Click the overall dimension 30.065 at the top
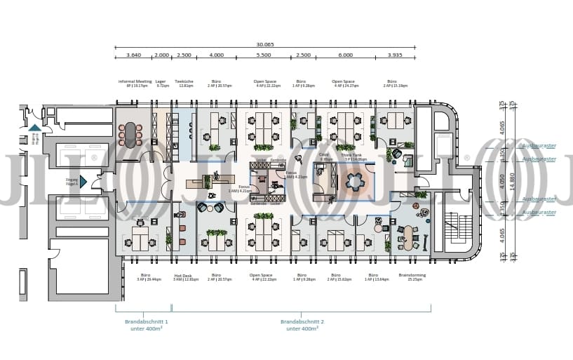tap(264, 44)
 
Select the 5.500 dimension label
tap(264, 55)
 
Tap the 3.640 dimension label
tap(133, 55)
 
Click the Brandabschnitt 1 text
tap(147, 324)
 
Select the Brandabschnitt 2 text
tap(301, 324)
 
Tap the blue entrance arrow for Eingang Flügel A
tap(83, 182)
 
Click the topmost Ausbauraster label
tap(539, 146)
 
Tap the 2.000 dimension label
tap(161, 55)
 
